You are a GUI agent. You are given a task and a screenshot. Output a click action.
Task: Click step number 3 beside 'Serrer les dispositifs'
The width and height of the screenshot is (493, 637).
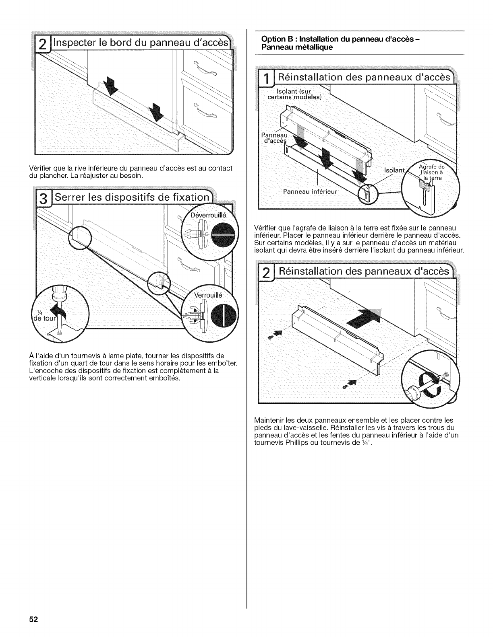pos(46,199)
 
